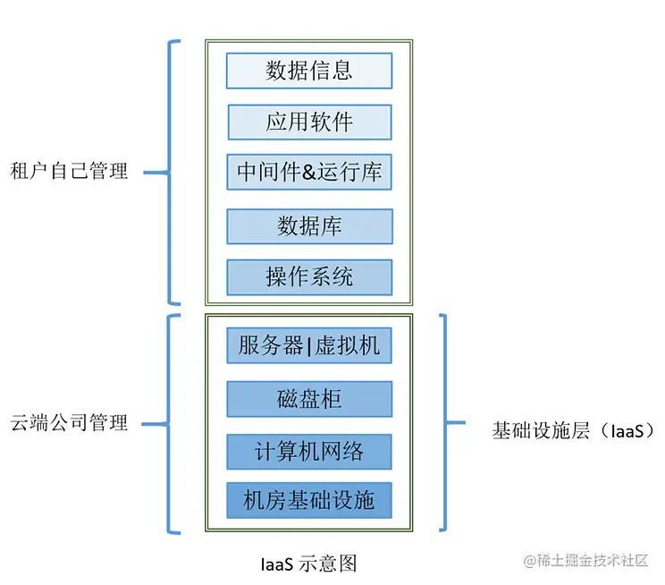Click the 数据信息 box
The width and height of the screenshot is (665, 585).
308,71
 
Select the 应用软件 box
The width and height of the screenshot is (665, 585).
308,123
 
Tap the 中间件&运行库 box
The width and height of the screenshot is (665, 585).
308,172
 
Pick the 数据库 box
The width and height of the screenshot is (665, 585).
308,225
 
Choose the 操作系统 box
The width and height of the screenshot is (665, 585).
308,277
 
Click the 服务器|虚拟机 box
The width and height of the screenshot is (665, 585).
308,346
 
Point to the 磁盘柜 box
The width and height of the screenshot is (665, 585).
308,399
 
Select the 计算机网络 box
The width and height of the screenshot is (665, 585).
308,451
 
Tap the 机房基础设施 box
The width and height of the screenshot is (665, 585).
308,500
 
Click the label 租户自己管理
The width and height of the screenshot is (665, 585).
69,171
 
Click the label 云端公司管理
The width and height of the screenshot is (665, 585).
69,422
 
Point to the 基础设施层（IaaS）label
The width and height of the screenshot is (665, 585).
573,430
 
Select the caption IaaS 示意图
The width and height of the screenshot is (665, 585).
308,564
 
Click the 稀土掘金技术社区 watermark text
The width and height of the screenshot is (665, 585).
591,561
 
